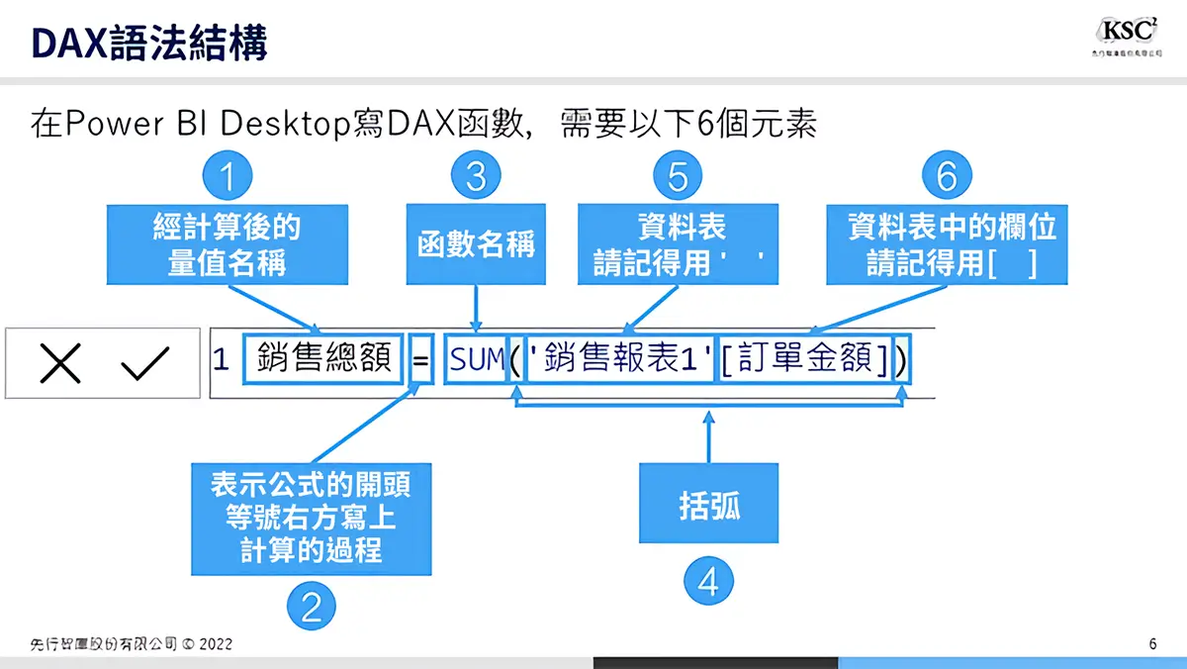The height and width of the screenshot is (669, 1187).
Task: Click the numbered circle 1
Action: (x=228, y=177)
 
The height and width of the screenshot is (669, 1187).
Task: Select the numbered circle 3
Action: (x=476, y=177)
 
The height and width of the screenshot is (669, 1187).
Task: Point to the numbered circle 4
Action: (x=708, y=583)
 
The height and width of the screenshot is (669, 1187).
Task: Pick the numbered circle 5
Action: (x=678, y=177)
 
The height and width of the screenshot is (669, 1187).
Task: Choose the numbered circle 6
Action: (x=947, y=177)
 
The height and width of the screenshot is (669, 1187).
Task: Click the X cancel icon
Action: (x=60, y=363)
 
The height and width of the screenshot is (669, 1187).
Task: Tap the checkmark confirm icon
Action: (x=144, y=363)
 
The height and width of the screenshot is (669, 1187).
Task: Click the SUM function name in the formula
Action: (x=477, y=360)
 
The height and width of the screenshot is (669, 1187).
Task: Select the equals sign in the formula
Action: (x=420, y=360)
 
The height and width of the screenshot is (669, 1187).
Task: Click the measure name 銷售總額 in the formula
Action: (x=322, y=360)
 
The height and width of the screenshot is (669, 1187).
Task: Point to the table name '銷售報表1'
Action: (x=619, y=360)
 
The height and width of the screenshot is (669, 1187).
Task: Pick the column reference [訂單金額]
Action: (x=804, y=360)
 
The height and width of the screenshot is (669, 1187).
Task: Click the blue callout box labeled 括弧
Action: (x=708, y=507)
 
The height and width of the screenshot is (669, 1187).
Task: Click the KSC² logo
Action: (x=1128, y=37)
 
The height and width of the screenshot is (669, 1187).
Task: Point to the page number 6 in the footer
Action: (x=1152, y=644)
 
